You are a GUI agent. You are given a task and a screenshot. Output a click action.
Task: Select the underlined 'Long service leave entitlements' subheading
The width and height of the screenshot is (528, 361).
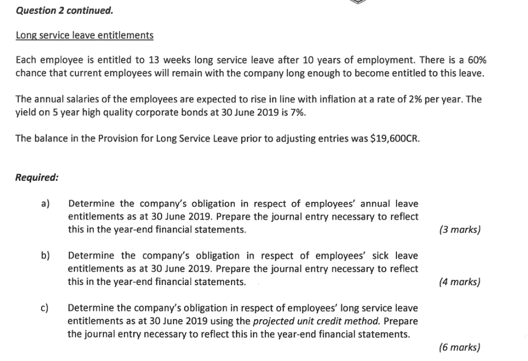click(x=84, y=36)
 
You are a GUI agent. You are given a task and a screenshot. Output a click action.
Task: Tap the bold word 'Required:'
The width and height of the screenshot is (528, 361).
click(x=37, y=178)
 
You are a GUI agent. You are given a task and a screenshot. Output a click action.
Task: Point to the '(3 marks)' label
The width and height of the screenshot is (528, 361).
click(x=460, y=230)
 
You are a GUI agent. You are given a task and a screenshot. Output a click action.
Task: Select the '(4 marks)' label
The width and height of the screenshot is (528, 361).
click(x=460, y=282)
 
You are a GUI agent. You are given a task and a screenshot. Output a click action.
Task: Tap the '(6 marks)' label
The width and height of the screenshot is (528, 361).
click(x=460, y=348)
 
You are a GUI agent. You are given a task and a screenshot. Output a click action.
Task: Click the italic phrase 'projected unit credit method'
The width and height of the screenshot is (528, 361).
click(x=317, y=321)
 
